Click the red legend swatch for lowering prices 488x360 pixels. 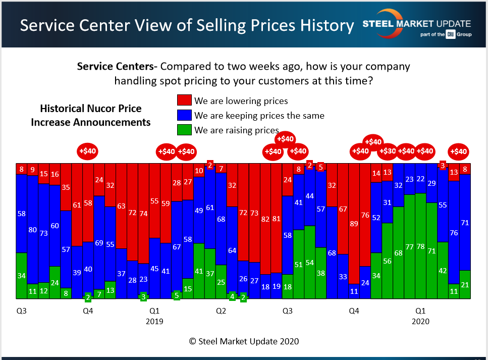pyautogui.click(x=184, y=100)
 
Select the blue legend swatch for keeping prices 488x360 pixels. pyautogui.click(x=184, y=115)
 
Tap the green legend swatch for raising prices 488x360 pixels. pyautogui.click(x=184, y=130)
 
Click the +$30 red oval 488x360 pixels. pyautogui.click(x=388, y=150)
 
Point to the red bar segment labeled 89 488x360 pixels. pyautogui.click(x=354, y=222)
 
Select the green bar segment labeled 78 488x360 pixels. pyautogui.click(x=420, y=246)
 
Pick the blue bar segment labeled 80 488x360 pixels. pyautogui.click(x=33, y=230)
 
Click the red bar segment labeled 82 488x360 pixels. pyautogui.click(x=265, y=220)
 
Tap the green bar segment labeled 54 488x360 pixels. pyautogui.click(x=310, y=263)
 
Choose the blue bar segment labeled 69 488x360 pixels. pyautogui.click(x=99, y=242)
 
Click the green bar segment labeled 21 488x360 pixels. pyautogui.click(x=465, y=285)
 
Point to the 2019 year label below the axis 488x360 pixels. pyautogui.click(x=154, y=321)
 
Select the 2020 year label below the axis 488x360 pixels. pyautogui.click(x=420, y=321)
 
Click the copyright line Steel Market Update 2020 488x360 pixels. pyautogui.click(x=244, y=341)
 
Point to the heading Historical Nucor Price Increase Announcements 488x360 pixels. pyautogui.click(x=91, y=115)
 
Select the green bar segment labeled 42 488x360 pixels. pyautogui.click(x=443, y=270)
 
